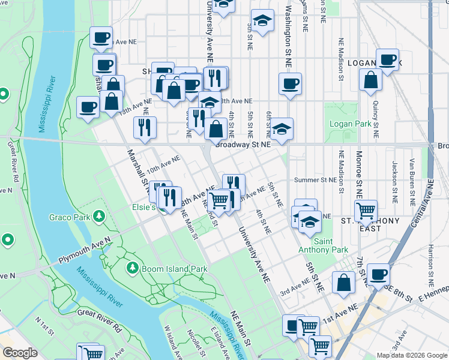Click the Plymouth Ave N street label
point(84,251)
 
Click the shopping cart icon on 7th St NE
point(366,210)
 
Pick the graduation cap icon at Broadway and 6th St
point(282,128)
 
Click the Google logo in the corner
point(20,353)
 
